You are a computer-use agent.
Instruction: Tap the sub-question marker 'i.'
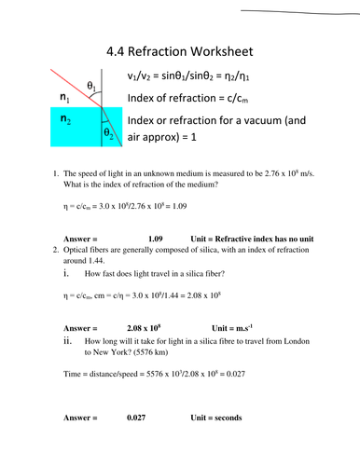pos(67,276)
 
